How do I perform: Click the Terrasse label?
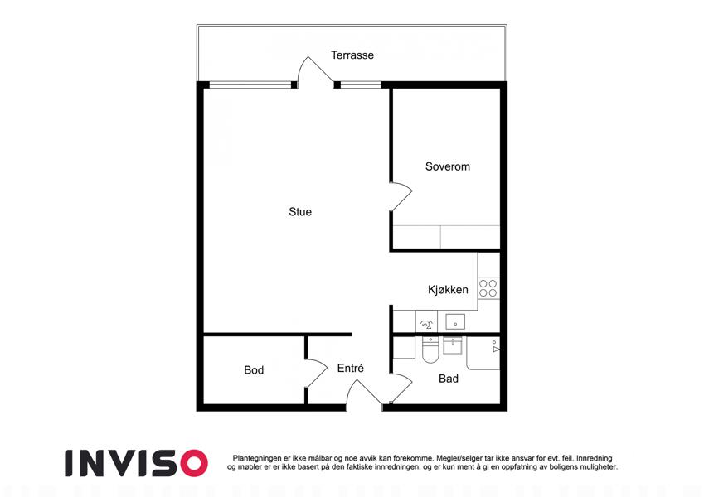pos(352,55)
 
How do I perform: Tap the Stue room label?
pos(300,212)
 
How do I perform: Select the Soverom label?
pos(448,166)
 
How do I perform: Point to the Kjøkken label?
pos(448,290)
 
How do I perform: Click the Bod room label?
pos(254,370)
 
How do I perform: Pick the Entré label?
pos(350,368)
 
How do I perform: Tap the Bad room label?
pos(448,379)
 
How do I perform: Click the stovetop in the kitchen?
pos(488,288)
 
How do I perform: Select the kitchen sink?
pos(454,322)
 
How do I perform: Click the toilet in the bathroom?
pos(430,350)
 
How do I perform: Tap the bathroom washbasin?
pos(452,346)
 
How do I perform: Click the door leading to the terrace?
pos(316,70)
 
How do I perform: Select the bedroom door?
pos(401,196)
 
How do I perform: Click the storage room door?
pos(317,373)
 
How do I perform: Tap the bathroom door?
pos(401,388)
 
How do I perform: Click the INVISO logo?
pos(137,463)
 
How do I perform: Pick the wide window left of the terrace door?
pos(250,84)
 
